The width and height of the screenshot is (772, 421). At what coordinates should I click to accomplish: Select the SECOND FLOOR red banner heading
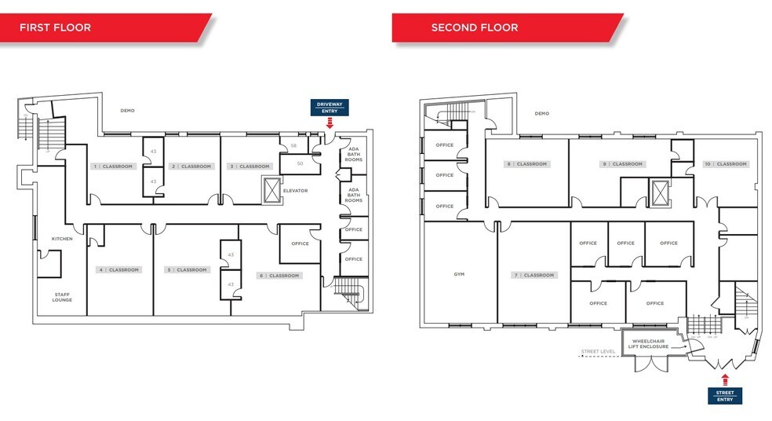[x=474, y=27]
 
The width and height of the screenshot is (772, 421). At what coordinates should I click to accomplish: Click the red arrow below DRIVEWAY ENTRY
[x=329, y=123]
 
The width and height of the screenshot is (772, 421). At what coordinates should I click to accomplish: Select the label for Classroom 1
[x=113, y=167]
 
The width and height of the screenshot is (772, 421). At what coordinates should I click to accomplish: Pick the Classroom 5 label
[x=186, y=269]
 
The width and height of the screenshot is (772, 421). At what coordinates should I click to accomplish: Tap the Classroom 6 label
[x=280, y=276]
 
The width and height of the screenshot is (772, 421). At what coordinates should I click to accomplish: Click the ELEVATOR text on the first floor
[x=295, y=191]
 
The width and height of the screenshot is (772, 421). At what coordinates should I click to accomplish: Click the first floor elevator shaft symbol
[x=271, y=190]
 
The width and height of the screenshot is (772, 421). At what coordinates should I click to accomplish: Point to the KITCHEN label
[x=62, y=239]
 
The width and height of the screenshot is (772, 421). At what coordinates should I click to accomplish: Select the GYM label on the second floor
[x=459, y=275]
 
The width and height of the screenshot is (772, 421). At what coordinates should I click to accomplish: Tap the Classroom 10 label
[x=726, y=164]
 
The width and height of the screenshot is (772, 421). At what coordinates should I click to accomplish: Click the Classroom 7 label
[x=534, y=275]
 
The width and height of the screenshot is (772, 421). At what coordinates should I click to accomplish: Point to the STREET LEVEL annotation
[x=597, y=351]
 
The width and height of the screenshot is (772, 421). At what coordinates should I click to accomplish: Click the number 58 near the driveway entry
[x=293, y=146]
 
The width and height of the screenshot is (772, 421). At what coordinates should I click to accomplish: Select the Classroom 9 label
[x=622, y=164]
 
